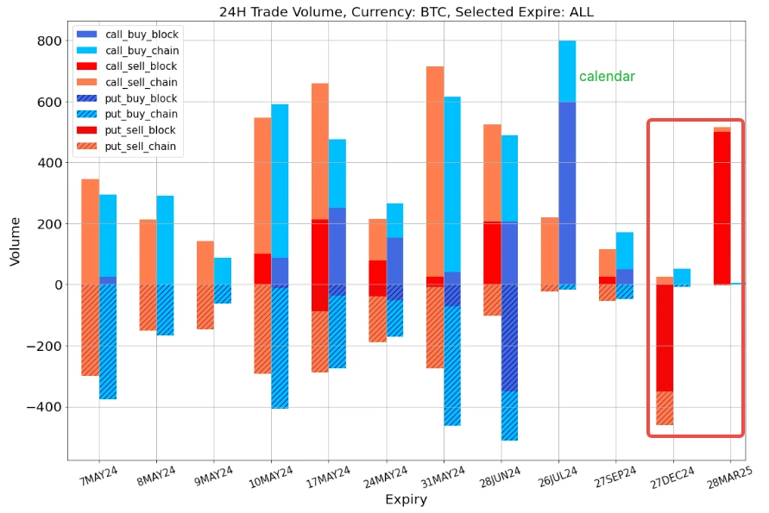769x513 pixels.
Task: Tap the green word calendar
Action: (607, 77)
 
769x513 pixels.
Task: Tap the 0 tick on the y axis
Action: (56, 285)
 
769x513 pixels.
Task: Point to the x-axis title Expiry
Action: (406, 499)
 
